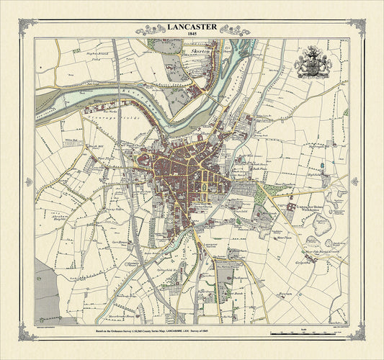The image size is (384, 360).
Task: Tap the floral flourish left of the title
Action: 153,30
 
